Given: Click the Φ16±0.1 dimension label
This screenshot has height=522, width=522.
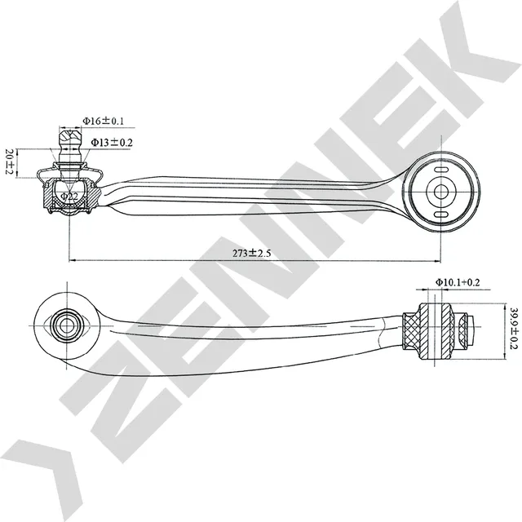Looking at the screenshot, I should tap(104, 121).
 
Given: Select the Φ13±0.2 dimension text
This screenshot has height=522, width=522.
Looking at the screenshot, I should tap(112, 142).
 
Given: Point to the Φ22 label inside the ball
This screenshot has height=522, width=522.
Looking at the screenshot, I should tap(71, 197).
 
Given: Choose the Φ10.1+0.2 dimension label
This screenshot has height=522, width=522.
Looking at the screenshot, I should tap(456, 282).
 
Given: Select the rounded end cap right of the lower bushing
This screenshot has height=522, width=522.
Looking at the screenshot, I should tap(468, 330).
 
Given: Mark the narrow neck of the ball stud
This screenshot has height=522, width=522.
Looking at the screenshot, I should tap(69, 155).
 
